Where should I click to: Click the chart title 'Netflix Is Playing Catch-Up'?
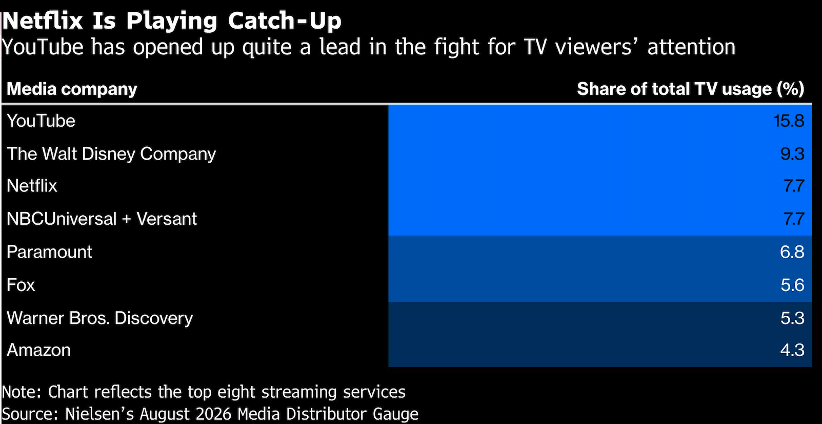click(x=172, y=21)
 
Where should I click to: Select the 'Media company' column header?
click(x=72, y=89)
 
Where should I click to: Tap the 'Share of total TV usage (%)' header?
click(x=691, y=89)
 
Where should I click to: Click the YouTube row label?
click(x=41, y=121)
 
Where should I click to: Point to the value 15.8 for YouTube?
click(x=789, y=121)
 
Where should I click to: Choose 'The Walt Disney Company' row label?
click(x=111, y=154)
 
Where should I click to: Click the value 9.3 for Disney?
click(x=792, y=154)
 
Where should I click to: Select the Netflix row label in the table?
click(x=32, y=186)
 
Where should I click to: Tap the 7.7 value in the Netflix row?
click(x=794, y=186)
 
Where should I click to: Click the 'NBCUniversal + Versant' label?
click(x=102, y=219)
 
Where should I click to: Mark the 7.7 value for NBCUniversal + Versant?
click(x=794, y=219)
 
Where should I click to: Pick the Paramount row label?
click(x=49, y=252)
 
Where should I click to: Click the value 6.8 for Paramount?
click(x=792, y=252)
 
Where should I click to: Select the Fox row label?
click(x=21, y=285)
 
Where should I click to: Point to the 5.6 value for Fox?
click(x=792, y=285)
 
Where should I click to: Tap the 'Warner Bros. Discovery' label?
click(x=99, y=318)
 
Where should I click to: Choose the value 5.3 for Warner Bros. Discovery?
click(x=792, y=318)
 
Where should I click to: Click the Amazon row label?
click(x=38, y=350)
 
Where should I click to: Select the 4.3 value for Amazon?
click(x=792, y=350)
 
